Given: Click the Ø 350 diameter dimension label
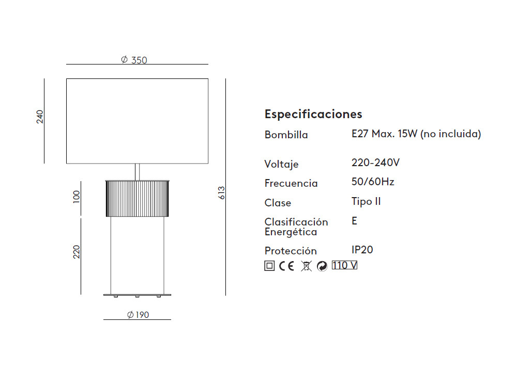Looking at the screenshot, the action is [x=134, y=60].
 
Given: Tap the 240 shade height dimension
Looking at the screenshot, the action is [x=40, y=117].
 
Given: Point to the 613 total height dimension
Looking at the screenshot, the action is [x=221, y=192].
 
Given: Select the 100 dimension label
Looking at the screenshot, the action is [x=77, y=197].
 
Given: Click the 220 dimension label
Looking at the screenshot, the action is [x=77, y=252].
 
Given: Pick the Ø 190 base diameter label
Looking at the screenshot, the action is [x=138, y=315].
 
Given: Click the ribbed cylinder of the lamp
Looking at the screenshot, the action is [x=137, y=199].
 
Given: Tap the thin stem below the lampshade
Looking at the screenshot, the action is [x=137, y=172].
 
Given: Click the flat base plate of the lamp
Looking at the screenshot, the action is [x=137, y=295].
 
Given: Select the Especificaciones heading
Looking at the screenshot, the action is [x=313, y=114].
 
